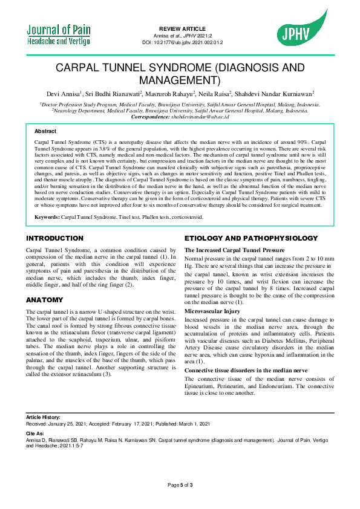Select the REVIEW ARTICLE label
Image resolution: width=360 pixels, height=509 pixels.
point(182,29)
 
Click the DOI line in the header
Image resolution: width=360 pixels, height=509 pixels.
point(182,42)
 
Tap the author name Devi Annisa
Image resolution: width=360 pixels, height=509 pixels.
point(64,94)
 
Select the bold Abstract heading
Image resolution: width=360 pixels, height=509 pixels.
point(45,131)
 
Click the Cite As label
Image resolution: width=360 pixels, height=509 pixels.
point(35,433)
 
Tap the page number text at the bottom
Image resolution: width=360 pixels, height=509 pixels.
point(180,485)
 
